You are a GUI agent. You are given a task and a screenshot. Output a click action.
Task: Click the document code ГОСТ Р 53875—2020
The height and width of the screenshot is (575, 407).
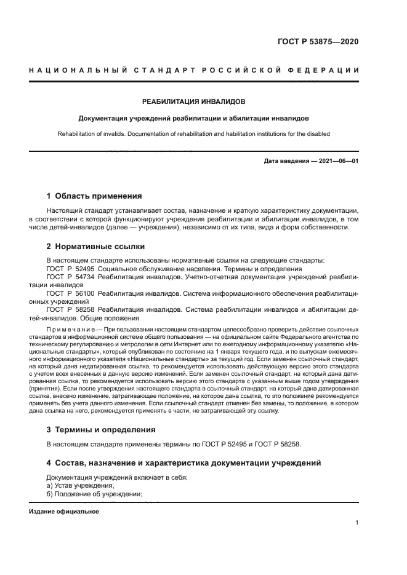pyautogui.click(x=318, y=42)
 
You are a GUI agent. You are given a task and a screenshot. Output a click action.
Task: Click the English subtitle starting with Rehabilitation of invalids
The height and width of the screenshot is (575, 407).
pyautogui.click(x=194, y=133)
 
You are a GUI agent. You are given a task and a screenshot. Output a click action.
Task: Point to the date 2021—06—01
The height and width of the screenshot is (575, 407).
pyautogui.click(x=336, y=162)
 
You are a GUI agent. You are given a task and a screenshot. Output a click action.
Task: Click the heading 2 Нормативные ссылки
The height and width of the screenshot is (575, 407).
pyautogui.click(x=95, y=247)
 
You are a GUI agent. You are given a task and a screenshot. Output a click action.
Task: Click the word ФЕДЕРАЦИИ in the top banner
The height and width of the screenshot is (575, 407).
pyautogui.click(x=331, y=70)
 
